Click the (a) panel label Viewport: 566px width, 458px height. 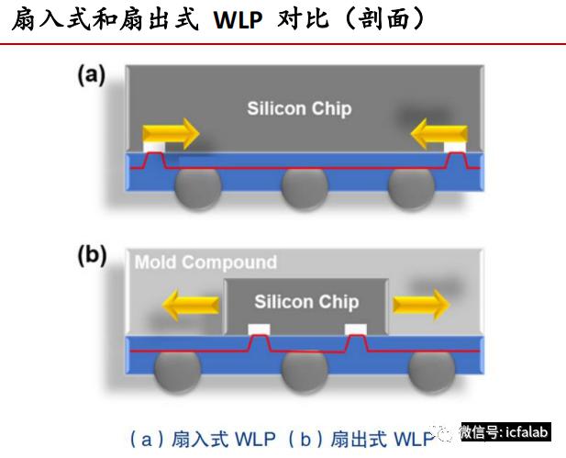(92, 75)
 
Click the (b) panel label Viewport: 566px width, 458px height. (92, 255)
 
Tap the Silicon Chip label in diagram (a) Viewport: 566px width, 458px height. (299, 108)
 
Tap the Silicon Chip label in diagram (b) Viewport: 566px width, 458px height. (306, 302)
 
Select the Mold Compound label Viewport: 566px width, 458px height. (205, 263)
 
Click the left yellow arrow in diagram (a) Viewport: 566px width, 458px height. (172, 134)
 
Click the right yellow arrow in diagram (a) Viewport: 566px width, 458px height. (438, 134)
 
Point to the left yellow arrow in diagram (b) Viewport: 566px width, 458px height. (191, 305)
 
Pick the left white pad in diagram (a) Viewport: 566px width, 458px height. (154, 147)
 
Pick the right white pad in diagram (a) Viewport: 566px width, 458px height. (455, 147)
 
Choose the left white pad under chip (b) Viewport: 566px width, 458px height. (260, 330)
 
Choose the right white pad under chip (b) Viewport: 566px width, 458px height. (356, 330)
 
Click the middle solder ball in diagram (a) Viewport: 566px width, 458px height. (305, 189)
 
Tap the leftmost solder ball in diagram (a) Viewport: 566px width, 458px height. (198, 189)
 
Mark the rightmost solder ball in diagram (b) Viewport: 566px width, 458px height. (431, 372)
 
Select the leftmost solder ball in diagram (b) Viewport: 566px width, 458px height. (177, 372)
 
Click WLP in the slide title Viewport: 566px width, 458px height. (238, 20)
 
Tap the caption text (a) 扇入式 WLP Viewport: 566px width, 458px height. (203, 440)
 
